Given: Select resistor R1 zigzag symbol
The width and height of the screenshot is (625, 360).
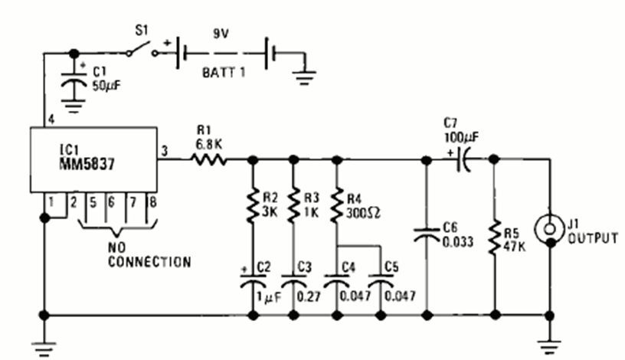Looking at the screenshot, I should [208, 160].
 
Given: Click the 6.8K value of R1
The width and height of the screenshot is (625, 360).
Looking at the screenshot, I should [206, 143].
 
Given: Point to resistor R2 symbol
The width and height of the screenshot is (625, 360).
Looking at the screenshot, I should [253, 204].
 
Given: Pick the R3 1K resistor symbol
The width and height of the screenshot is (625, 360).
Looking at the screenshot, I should [293, 204].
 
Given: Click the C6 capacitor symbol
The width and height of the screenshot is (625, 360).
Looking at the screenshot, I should [426, 234].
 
